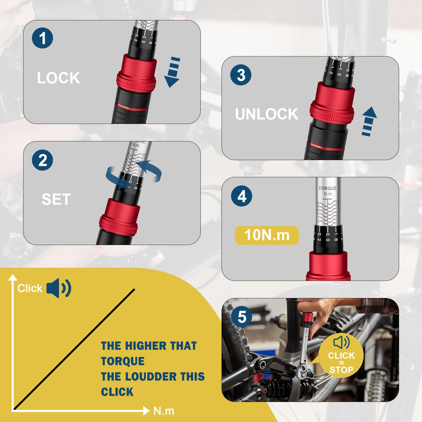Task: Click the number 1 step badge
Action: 42,38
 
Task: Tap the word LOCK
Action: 58,78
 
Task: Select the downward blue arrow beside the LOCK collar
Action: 172,72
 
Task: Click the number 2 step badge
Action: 42,160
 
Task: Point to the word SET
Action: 56,199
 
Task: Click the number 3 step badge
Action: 241,75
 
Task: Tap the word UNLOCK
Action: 266,114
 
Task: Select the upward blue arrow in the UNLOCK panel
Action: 369,121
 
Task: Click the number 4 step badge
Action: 242,196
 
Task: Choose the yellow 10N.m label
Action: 267,235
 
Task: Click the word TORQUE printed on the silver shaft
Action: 327,188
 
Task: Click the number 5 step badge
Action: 242,316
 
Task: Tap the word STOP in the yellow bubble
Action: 341,370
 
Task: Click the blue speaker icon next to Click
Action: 59,288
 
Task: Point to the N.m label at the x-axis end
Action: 164,411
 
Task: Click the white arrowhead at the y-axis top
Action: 13,277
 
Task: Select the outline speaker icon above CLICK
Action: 341,342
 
